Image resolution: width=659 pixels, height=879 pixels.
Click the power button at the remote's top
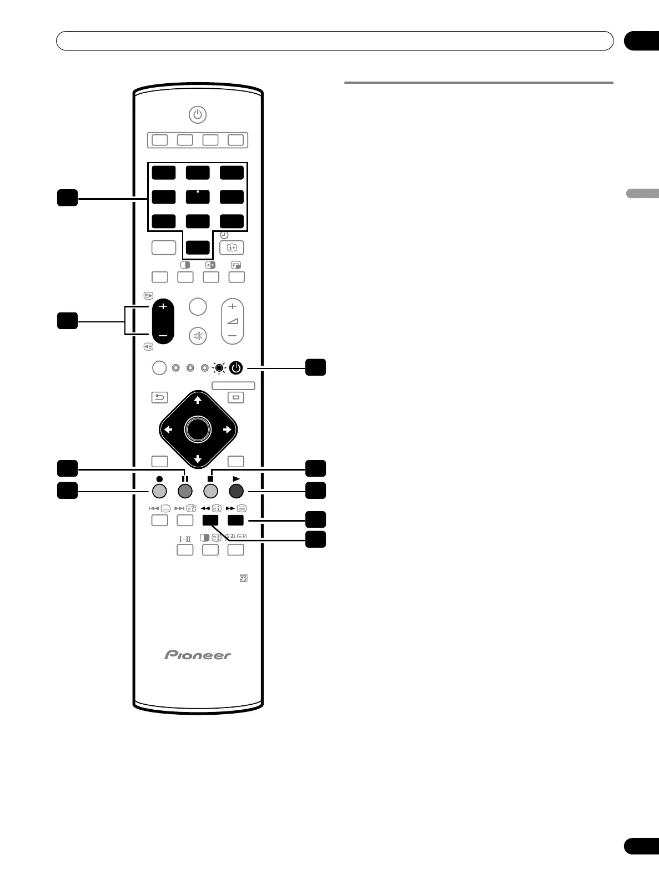tap(198, 115)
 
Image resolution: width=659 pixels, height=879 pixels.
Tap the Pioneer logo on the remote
tap(198, 655)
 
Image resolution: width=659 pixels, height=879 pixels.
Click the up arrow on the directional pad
tap(198, 400)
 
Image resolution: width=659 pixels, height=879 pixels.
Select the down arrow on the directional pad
tap(198, 459)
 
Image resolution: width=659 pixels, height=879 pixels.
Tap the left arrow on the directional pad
tap(168, 430)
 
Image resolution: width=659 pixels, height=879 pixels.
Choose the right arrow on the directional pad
tap(227, 430)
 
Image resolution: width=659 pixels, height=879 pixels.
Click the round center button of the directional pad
tap(198, 429)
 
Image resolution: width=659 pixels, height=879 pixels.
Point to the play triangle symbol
tap(236, 478)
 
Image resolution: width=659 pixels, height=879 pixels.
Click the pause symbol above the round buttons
tap(185, 478)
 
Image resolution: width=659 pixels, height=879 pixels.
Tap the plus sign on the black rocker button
tap(163, 306)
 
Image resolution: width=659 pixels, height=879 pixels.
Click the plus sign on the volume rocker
tap(233, 306)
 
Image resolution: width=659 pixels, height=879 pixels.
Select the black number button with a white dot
tap(198, 196)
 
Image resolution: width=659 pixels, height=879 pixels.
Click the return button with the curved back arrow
tap(160, 397)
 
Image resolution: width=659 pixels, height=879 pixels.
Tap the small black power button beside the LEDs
tap(236, 367)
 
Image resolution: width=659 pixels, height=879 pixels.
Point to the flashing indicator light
tap(219, 367)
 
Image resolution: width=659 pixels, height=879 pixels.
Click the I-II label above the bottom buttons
tap(185, 538)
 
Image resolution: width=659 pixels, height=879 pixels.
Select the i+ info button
tap(233, 247)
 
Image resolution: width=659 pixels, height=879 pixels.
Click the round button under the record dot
tap(159, 491)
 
